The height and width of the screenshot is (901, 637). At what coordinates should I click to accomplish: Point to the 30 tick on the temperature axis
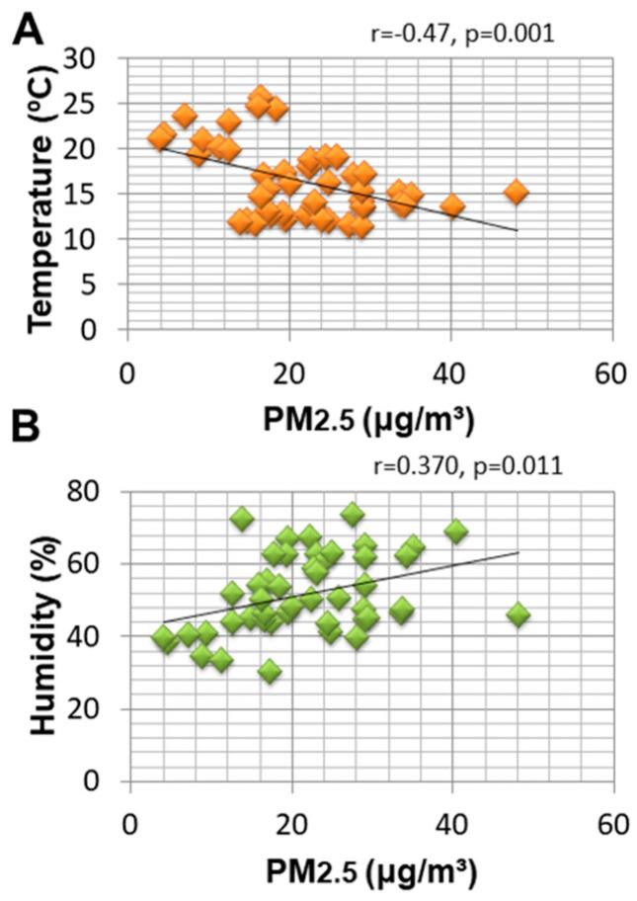[x=102, y=58]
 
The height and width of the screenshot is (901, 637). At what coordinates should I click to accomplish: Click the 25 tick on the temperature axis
[x=102, y=104]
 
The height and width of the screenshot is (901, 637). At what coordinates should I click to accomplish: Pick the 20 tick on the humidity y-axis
[x=102, y=709]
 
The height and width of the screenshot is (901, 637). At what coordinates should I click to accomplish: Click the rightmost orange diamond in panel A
[x=516, y=192]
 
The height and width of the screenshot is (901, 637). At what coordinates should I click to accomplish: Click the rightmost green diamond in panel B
[x=518, y=614]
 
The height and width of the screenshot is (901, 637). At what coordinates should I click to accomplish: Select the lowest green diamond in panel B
[x=270, y=672]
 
